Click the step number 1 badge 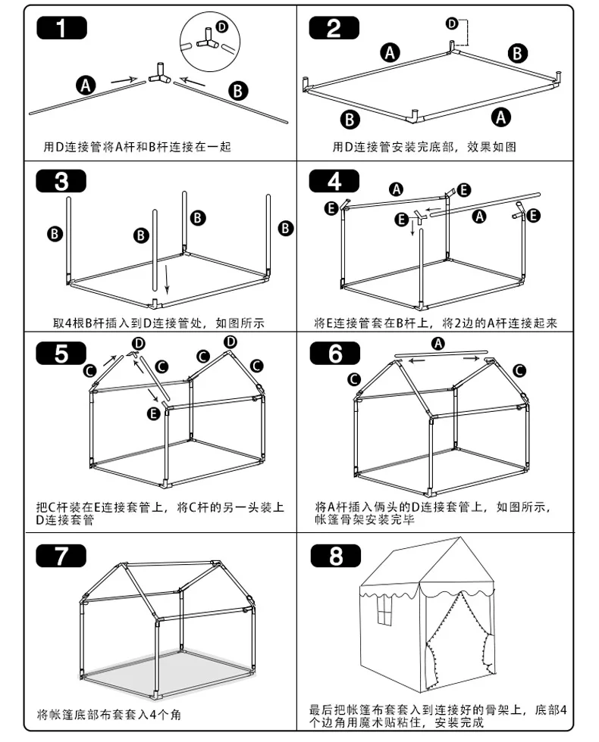pyautogui.click(x=61, y=28)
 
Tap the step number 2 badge pyautogui.click(x=334, y=28)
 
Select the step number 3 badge pyautogui.click(x=61, y=181)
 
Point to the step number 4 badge pyautogui.click(x=334, y=181)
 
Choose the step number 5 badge pyautogui.click(x=61, y=353)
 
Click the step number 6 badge pyautogui.click(x=335, y=353)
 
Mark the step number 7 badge pyautogui.click(x=61, y=556)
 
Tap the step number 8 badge pyautogui.click(x=335, y=556)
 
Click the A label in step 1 pyautogui.click(x=85, y=86)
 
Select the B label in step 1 pyautogui.click(x=238, y=90)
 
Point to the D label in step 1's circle pyautogui.click(x=221, y=26)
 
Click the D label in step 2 pyautogui.click(x=452, y=23)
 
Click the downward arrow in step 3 pyautogui.click(x=166, y=279)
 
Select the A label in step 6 pyautogui.click(x=438, y=343)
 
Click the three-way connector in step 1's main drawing pyautogui.click(x=161, y=74)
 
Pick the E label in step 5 pyautogui.click(x=153, y=413)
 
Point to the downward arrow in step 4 pyautogui.click(x=412, y=226)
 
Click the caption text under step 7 pyautogui.click(x=109, y=714)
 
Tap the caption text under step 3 pyautogui.click(x=158, y=323)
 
